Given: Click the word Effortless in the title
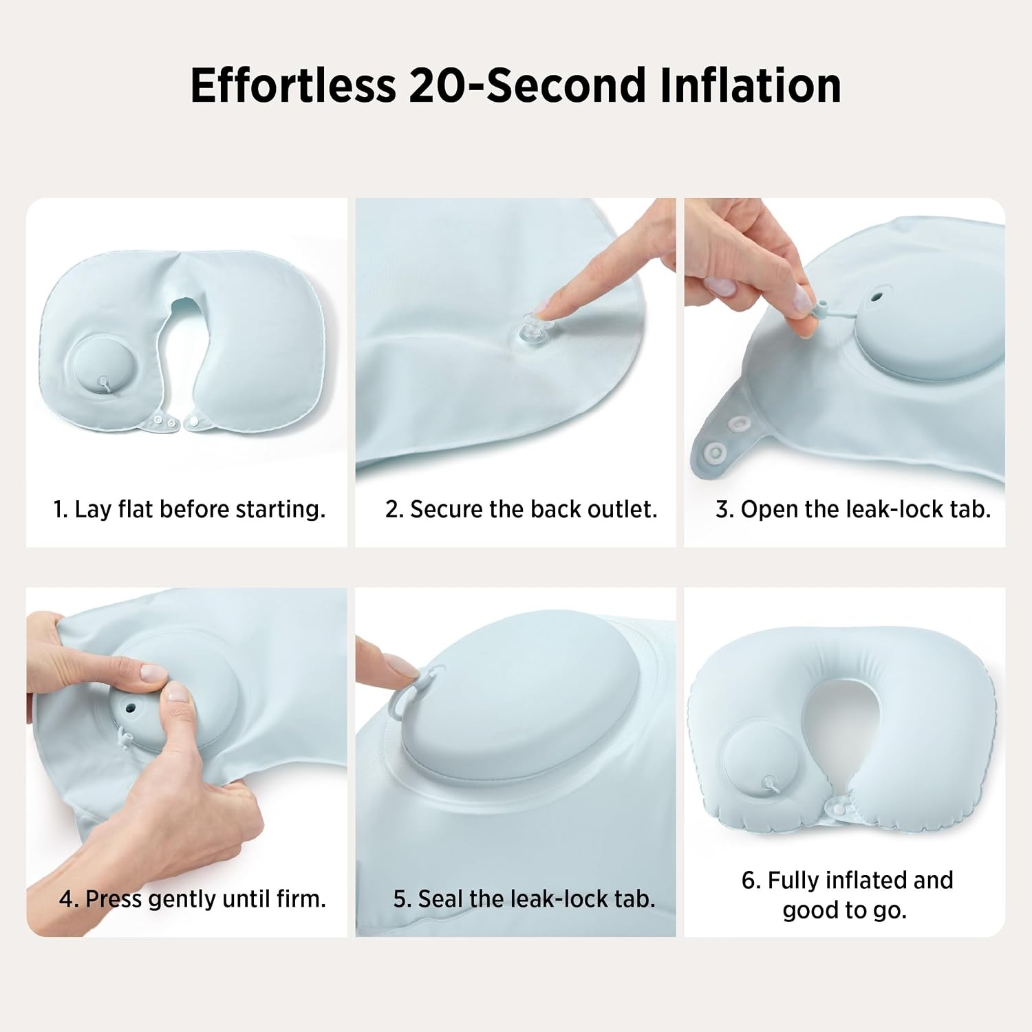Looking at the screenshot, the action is (293, 85).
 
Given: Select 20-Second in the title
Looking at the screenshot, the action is (528, 85).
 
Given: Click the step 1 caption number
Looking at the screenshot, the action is (61, 509).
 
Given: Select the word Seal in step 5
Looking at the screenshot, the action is (441, 899).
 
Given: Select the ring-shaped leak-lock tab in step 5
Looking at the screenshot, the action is (414, 690).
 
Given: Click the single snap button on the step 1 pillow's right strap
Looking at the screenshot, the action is (195, 418).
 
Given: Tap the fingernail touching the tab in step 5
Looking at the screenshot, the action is (402, 665).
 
